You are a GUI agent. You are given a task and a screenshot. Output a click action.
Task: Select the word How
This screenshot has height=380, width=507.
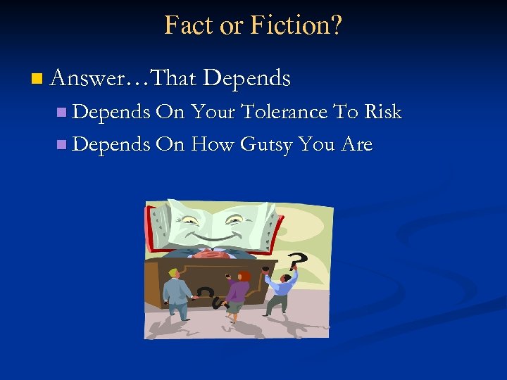pyautogui.click(x=213, y=144)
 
